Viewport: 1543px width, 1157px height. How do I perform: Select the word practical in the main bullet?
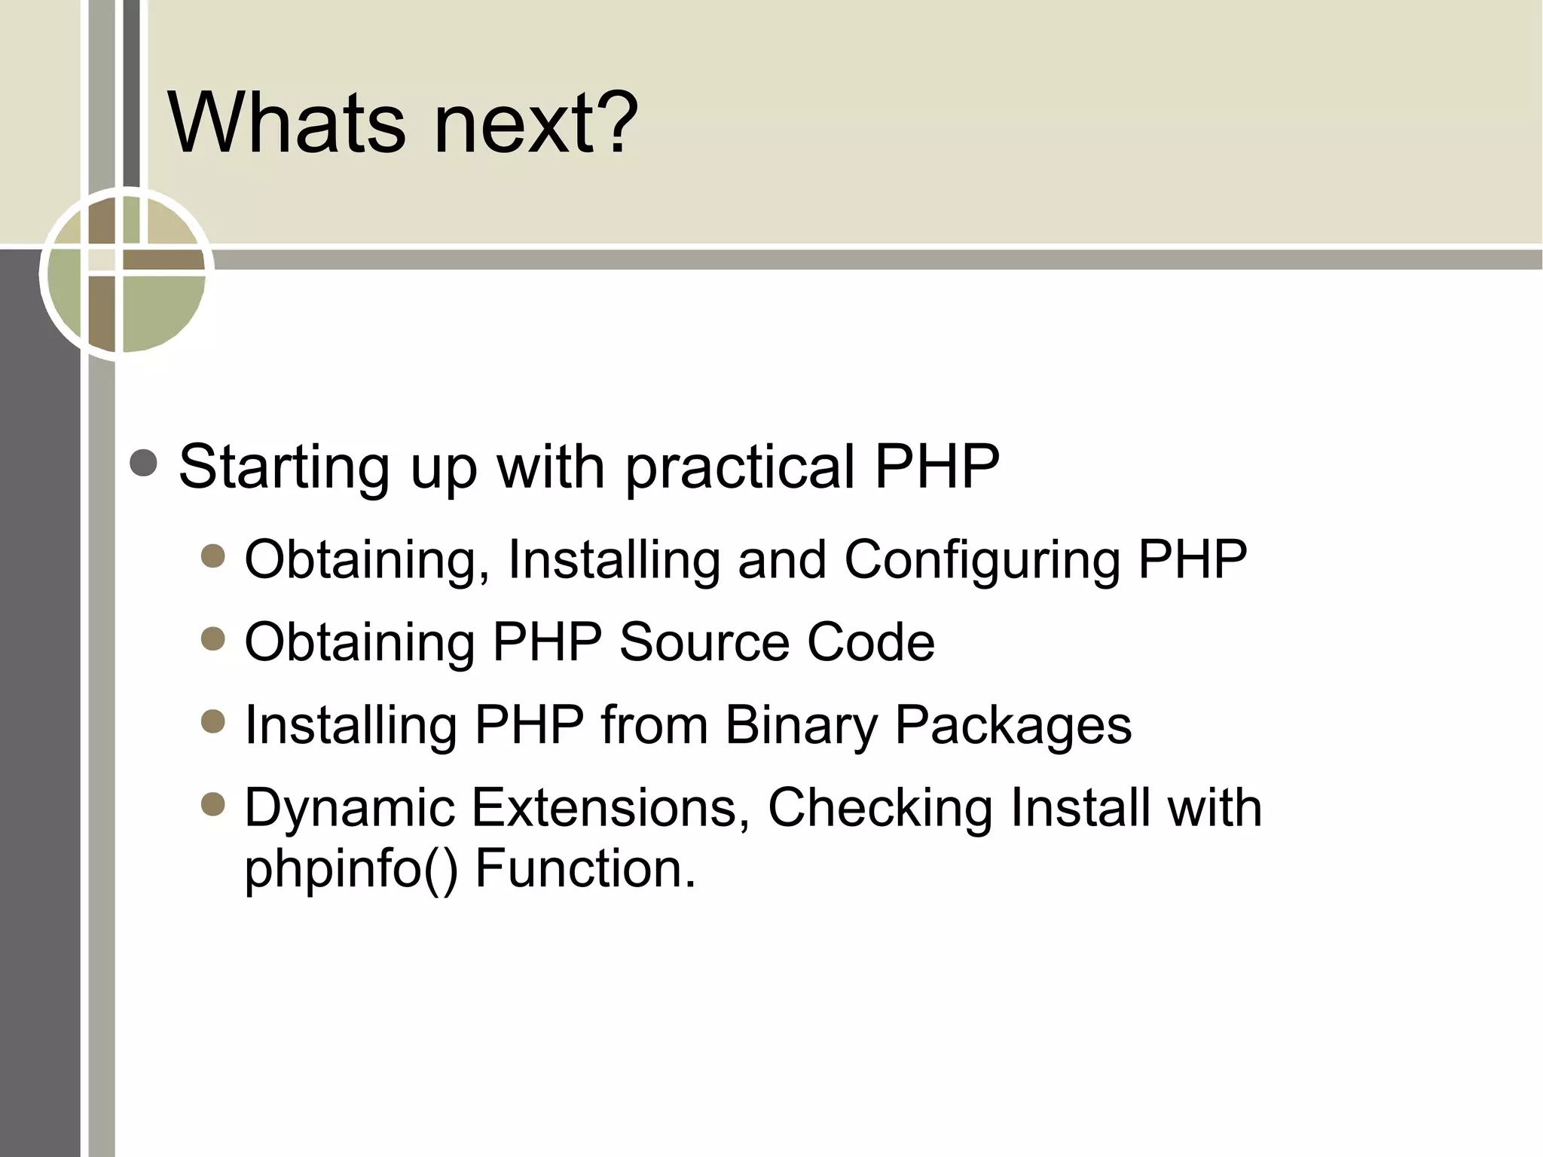coord(739,467)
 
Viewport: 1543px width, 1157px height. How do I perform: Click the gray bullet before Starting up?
coord(143,463)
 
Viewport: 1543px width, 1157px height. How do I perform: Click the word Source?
coord(704,642)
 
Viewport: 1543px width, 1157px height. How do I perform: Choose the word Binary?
coord(800,725)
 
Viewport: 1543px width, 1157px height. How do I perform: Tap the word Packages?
coord(1013,725)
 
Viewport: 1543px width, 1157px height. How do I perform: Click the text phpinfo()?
coord(350,868)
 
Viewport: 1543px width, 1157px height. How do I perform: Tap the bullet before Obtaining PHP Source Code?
coord(213,639)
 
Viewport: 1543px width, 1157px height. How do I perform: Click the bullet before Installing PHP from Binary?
coord(213,722)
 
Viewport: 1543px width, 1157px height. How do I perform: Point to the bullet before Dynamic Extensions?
coord(213,805)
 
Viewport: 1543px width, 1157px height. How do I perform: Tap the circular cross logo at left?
coord(127,273)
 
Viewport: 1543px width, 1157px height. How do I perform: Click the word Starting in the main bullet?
coord(285,467)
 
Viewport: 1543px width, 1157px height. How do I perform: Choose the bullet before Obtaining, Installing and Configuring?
coord(213,557)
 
